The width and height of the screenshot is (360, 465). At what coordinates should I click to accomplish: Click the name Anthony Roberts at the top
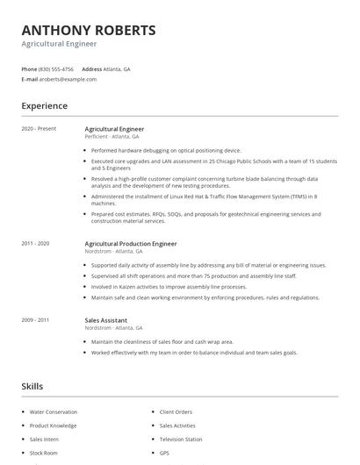coord(89,30)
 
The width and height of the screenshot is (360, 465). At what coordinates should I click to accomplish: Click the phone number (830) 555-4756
coord(56,68)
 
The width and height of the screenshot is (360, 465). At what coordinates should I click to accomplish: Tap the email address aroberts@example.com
coord(68,79)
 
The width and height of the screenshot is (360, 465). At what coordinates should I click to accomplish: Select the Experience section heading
coord(44,106)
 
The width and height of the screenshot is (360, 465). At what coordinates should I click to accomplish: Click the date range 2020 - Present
coord(39,129)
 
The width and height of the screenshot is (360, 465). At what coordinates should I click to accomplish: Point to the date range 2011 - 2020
coord(35,243)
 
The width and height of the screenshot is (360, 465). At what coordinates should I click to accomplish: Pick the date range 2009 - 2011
coord(35,320)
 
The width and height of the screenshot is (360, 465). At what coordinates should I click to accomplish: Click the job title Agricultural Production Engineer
coord(131,243)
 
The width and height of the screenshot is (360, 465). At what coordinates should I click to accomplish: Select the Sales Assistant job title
coord(106,320)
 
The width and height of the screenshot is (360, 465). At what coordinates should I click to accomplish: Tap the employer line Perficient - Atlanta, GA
coord(113,137)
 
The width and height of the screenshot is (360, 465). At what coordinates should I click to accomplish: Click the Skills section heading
coord(32,386)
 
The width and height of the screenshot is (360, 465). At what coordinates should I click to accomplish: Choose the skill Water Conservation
coord(54,411)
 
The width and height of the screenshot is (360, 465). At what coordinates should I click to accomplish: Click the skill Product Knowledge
coord(53,426)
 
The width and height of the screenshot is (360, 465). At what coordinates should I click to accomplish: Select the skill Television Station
coord(181,439)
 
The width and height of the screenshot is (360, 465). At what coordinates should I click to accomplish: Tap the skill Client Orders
coord(176,411)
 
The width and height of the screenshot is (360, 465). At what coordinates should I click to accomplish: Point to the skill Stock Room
coord(43,453)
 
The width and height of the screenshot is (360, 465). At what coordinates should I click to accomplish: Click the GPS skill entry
coord(165,453)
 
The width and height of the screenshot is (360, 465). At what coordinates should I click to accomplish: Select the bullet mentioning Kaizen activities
coord(169,287)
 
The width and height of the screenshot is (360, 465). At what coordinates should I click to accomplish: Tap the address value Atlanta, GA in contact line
coord(117,68)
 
